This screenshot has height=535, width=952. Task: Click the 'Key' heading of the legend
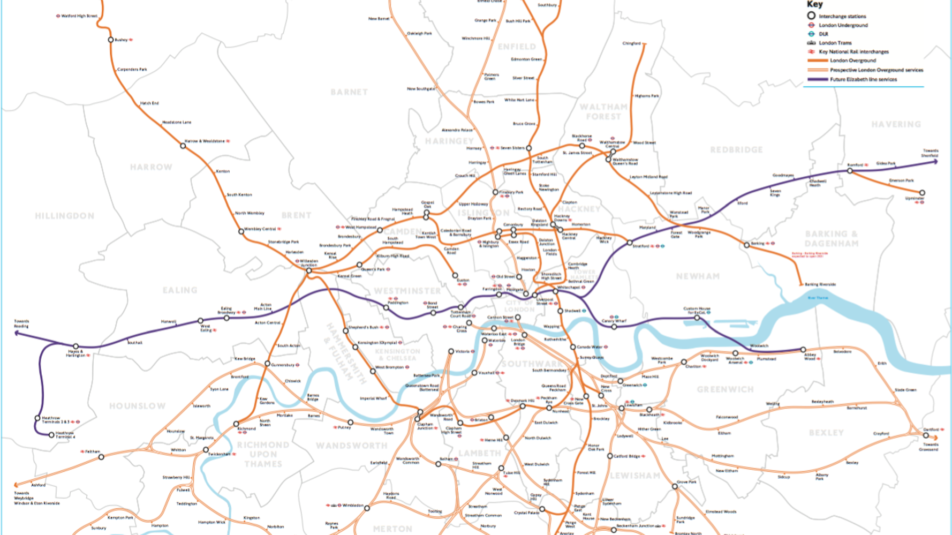pyautogui.click(x=814, y=4)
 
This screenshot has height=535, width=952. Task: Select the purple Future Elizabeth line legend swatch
pyautogui.click(x=817, y=79)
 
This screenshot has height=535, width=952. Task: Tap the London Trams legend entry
pyautogui.click(x=835, y=43)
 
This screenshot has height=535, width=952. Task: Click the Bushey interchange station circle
pyautogui.click(x=111, y=40)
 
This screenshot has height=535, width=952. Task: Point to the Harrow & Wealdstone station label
pyautogui.click(x=205, y=141)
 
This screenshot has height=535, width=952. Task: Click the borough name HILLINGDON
pyautogui.click(x=65, y=216)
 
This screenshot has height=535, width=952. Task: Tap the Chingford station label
pyautogui.click(x=631, y=43)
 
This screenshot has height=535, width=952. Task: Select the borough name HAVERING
pyautogui.click(x=896, y=124)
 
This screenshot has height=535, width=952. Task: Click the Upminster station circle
pyautogui.click(x=922, y=193)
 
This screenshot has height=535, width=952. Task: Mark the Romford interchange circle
pyautogui.click(x=850, y=171)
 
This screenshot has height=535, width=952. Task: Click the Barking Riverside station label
pyautogui.click(x=820, y=284)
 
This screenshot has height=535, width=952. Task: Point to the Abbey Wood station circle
pyautogui.click(x=803, y=350)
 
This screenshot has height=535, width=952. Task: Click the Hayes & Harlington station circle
pyautogui.click(x=75, y=346)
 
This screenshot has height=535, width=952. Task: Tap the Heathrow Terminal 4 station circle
pyautogui.click(x=52, y=435)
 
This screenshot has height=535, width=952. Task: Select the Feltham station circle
pyautogui.click(x=101, y=457)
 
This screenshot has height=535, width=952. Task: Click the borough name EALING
pyautogui.click(x=180, y=290)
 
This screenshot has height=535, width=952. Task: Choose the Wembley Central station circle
pyautogui.click(x=241, y=231)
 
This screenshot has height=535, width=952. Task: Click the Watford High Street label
pyautogui.click(x=79, y=16)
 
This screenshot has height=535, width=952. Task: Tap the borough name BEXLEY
pyautogui.click(x=826, y=433)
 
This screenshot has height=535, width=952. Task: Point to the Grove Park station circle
pyautogui.click(x=675, y=486)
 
